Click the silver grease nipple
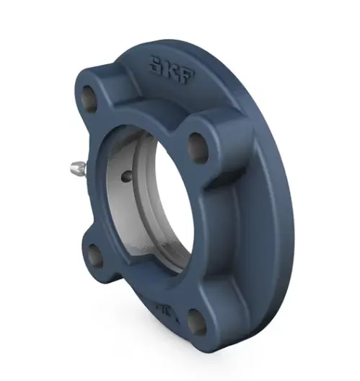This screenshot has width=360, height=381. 76,170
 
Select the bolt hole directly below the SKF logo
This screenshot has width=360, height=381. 199,146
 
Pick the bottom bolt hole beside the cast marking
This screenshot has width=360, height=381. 197,321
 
